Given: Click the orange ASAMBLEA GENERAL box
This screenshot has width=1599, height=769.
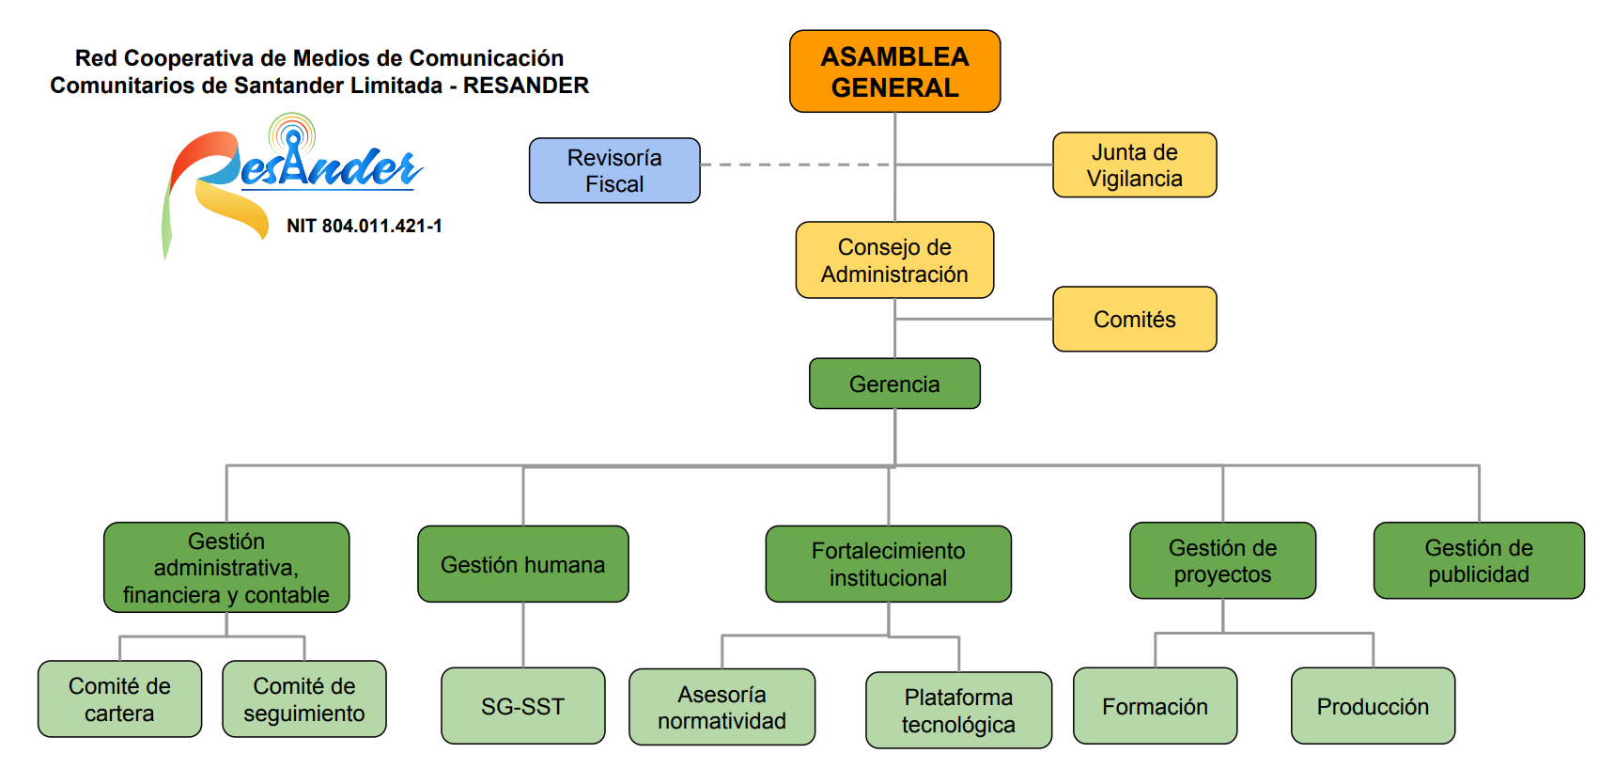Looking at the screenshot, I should click(x=894, y=71).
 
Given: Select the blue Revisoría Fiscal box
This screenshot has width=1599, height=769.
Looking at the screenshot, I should click(x=614, y=170).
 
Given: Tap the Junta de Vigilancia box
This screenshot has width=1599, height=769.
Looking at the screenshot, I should click(x=1134, y=165).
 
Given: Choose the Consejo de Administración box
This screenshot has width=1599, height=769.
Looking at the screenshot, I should click(x=894, y=260).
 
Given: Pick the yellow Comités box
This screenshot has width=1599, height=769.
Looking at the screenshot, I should click(x=1134, y=320).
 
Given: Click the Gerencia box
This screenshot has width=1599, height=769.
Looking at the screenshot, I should click(x=894, y=384).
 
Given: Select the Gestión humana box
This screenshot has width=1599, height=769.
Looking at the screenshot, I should click(x=522, y=564).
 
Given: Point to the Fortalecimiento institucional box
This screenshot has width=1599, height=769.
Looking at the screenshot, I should click(x=888, y=564).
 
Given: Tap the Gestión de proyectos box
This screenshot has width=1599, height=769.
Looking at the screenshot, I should click(x=1222, y=561).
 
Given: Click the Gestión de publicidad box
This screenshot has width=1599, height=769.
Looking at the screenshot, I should click(x=1478, y=561).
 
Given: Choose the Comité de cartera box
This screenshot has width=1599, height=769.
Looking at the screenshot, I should click(x=119, y=699).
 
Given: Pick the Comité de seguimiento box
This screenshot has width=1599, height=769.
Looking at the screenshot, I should click(x=303, y=699).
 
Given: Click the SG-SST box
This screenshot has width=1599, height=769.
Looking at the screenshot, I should click(x=522, y=706).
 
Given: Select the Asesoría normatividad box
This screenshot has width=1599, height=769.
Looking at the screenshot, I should click(x=722, y=707).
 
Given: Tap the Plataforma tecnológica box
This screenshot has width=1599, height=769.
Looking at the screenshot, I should click(x=958, y=711).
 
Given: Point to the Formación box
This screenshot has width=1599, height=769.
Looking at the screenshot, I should click(x=1155, y=706).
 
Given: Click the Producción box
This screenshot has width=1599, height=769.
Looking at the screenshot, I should click(x=1373, y=706).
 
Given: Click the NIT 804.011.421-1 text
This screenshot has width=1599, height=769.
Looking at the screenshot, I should click(x=365, y=226).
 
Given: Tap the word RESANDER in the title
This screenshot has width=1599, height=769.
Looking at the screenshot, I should click(x=526, y=86).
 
